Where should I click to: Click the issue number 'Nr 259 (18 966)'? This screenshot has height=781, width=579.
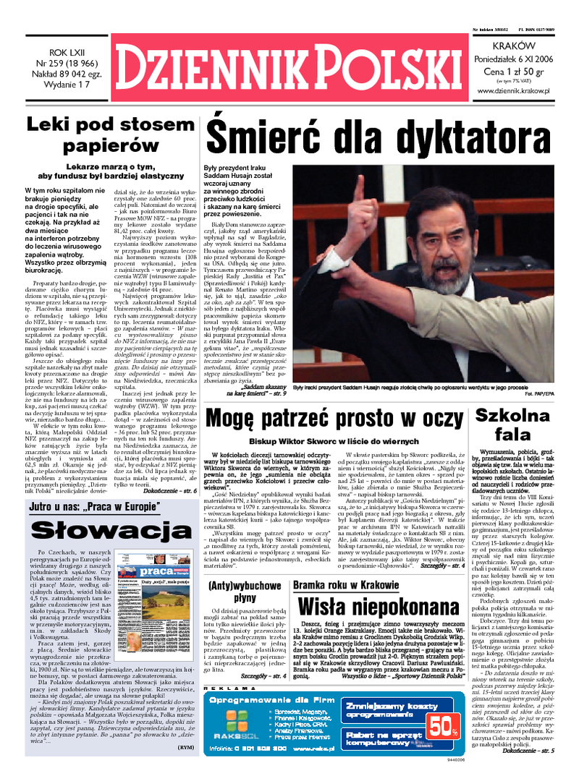click(x=65, y=62)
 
